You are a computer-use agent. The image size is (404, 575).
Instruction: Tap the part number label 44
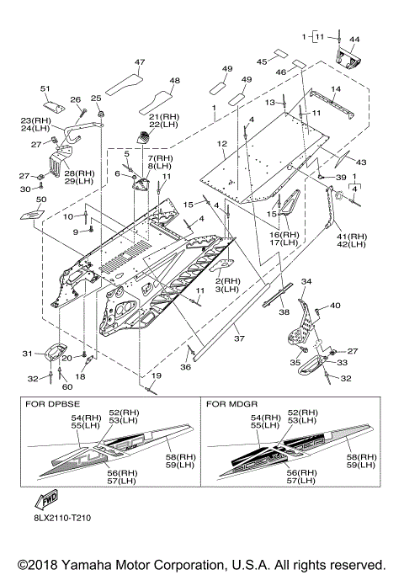coord(354,40)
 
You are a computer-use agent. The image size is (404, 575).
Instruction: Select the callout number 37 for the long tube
coord(239,338)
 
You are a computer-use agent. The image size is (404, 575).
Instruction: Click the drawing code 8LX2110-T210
coord(61,518)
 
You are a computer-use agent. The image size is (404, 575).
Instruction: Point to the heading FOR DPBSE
coord(52,404)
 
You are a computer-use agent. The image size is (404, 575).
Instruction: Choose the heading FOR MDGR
coord(231,404)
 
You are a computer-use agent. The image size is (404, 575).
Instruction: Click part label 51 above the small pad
coord(45,88)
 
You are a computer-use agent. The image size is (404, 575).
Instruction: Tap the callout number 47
coord(140,62)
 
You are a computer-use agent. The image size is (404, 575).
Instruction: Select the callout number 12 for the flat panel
coord(222,144)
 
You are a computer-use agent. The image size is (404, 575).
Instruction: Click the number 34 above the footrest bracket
coord(306,281)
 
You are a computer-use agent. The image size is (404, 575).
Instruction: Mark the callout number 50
coord(41,200)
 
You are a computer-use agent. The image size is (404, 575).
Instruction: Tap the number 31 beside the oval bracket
coord(28,353)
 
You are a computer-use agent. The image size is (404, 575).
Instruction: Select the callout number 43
coord(361,162)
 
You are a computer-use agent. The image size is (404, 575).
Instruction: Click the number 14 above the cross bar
coord(336,88)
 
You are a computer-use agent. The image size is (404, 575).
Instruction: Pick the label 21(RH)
coord(164,117)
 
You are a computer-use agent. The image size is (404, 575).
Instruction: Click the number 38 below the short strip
coord(284,312)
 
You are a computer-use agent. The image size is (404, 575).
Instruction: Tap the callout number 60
coord(68,386)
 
